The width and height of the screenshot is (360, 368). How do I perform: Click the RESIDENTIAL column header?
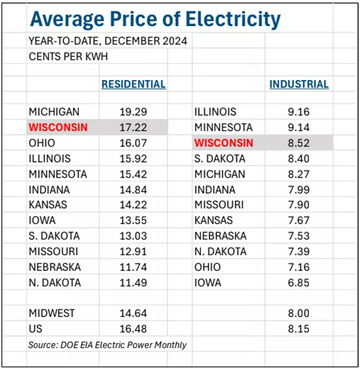click(134, 84)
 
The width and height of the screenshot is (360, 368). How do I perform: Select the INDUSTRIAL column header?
click(299, 84)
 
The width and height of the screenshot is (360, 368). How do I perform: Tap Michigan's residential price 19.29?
click(133, 112)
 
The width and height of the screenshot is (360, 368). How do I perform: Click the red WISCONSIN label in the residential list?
click(58, 127)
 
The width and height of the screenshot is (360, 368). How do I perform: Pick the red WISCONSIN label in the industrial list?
click(223, 143)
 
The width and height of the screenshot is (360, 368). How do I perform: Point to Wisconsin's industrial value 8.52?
click(299, 143)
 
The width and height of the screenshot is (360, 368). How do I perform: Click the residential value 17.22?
click(133, 127)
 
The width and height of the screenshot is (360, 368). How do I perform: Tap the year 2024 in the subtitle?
click(175, 41)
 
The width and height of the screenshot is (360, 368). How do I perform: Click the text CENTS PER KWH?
click(68, 56)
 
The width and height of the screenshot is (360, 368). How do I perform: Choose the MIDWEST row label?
click(52, 313)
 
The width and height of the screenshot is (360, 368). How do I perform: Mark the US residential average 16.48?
click(133, 329)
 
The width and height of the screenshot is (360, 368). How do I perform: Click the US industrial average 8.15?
click(299, 329)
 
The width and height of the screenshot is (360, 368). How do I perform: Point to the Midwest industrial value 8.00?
click(299, 313)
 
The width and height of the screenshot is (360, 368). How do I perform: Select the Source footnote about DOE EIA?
click(107, 345)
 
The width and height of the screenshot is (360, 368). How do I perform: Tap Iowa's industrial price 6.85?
click(299, 283)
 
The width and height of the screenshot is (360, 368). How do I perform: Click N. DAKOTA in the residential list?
click(55, 283)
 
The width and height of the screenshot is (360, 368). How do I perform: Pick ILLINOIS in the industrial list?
click(216, 112)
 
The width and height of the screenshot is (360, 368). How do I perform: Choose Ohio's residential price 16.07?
click(133, 143)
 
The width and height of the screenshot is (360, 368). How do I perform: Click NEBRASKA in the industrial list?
click(220, 236)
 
